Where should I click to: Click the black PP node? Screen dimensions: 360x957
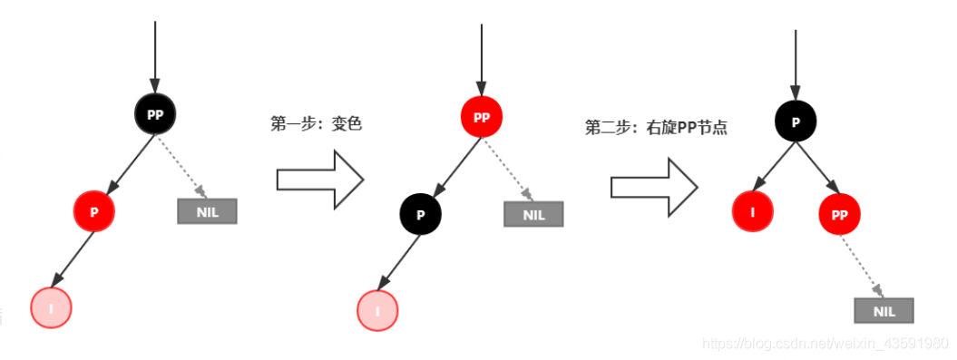(x=154, y=114)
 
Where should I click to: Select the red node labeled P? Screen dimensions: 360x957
(x=94, y=210)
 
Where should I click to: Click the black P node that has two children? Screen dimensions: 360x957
(x=796, y=122)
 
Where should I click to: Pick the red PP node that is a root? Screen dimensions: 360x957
(x=481, y=117)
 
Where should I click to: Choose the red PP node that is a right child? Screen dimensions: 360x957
(x=839, y=215)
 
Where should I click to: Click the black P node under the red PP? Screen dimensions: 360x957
(x=420, y=214)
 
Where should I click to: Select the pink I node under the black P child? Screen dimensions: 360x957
(x=377, y=310)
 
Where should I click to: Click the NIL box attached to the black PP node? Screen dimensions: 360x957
(x=207, y=211)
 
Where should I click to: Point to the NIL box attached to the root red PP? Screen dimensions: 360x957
(x=533, y=214)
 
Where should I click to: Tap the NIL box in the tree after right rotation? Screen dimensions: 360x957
(x=884, y=310)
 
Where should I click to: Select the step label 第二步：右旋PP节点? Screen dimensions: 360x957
(x=656, y=128)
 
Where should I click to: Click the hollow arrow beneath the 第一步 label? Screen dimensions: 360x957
(x=319, y=180)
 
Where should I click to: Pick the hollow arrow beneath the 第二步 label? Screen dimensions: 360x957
(x=653, y=186)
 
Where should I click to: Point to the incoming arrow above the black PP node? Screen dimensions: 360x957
(x=155, y=54)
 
